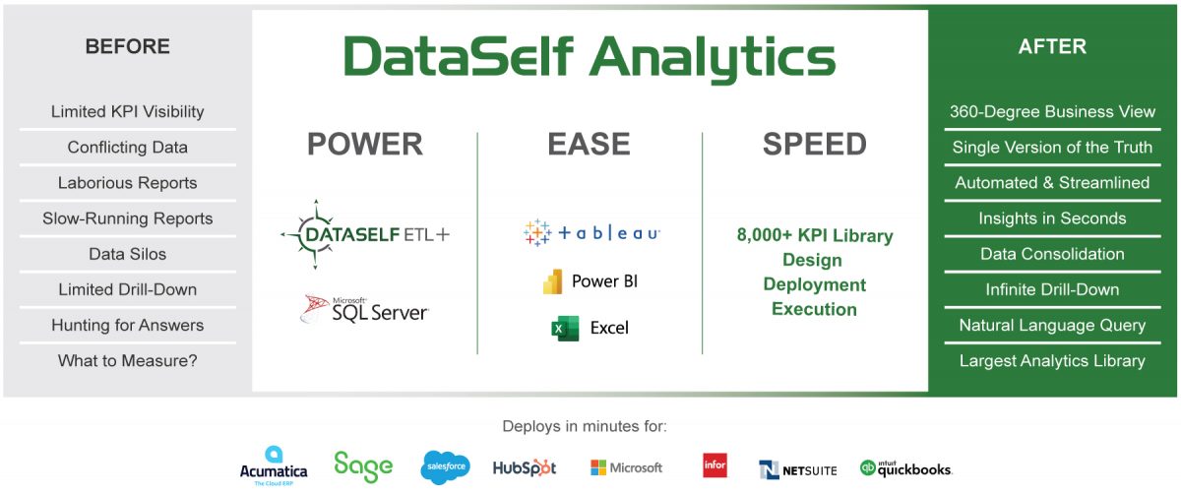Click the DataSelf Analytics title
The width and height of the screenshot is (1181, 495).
(590, 58)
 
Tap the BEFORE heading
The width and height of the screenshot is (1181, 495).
(128, 46)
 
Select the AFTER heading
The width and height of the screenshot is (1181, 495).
(1052, 46)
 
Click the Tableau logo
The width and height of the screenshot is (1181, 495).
(591, 232)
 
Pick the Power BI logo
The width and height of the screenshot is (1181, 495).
(590, 281)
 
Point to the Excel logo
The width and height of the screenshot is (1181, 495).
(590, 328)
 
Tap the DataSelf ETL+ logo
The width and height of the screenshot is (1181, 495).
(365, 234)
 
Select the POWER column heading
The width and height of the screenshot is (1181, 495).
(365, 145)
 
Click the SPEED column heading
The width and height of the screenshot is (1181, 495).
(814, 145)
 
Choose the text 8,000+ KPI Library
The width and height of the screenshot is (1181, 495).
(814, 236)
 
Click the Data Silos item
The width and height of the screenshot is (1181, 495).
(128, 254)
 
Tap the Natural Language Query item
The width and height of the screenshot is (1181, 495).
(1052, 325)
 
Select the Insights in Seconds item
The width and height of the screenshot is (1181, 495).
(1052, 218)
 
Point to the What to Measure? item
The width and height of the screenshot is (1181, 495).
(128, 360)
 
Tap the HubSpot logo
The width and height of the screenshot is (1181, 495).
(525, 467)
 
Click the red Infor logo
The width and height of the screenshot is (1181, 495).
(715, 465)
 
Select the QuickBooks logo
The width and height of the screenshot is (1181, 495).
(905, 468)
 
